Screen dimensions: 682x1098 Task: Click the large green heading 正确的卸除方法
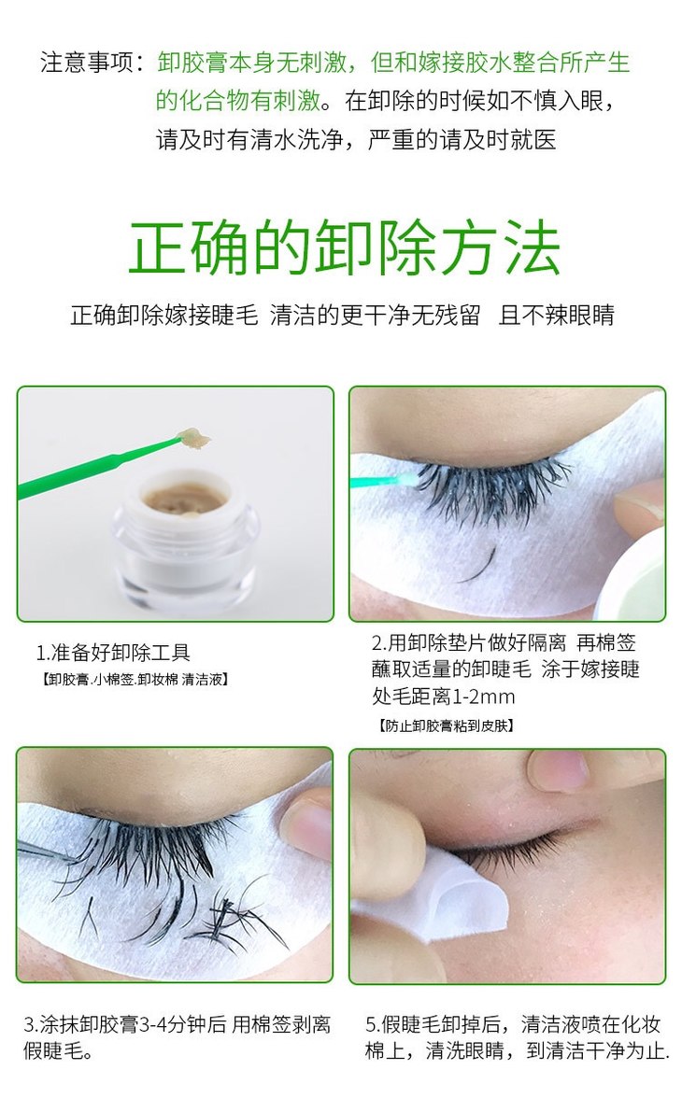[344, 249]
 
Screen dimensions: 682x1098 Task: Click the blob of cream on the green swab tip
[193, 437]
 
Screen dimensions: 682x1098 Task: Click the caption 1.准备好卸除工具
[113, 653]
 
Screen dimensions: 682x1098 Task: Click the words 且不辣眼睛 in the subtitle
[556, 316]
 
